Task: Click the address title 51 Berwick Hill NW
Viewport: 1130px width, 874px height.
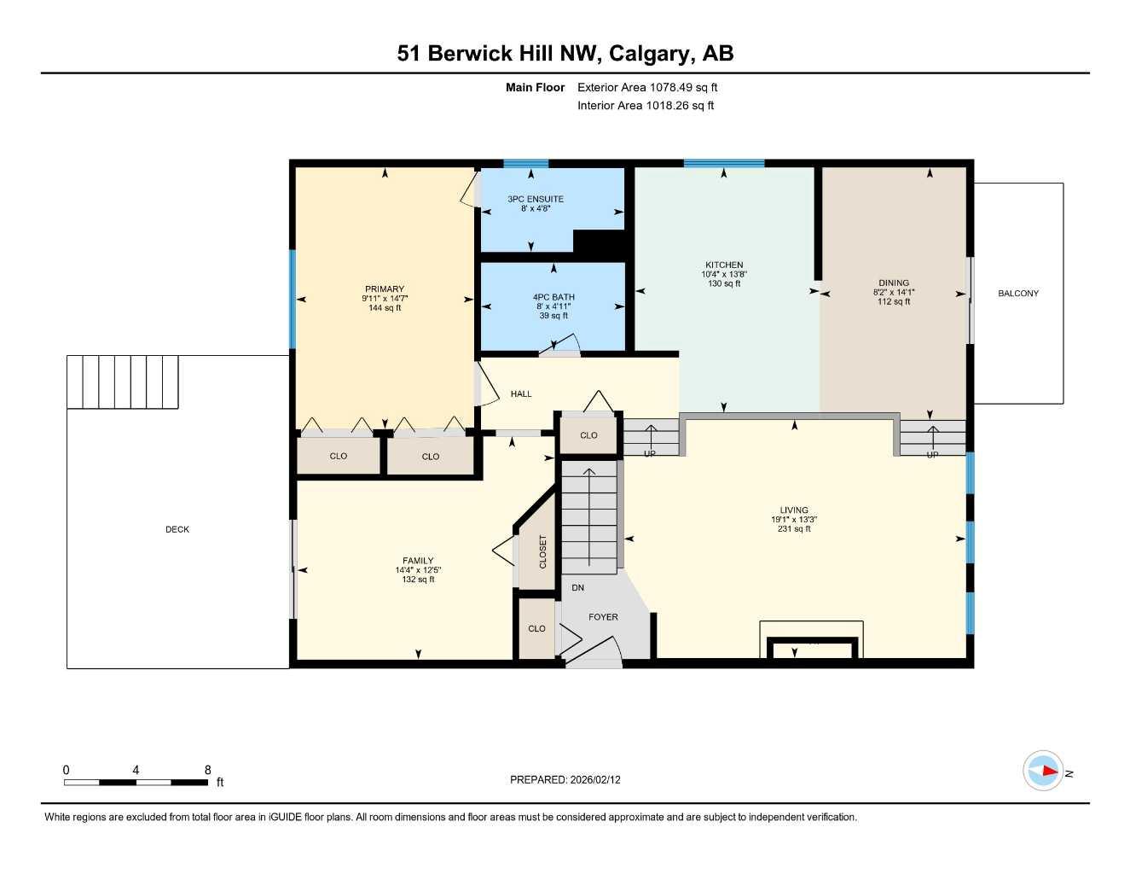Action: pos(565,54)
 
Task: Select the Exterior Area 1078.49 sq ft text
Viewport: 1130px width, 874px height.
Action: pos(647,87)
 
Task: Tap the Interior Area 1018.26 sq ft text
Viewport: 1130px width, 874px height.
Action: pos(646,106)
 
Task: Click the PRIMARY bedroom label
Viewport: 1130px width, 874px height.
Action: pos(385,289)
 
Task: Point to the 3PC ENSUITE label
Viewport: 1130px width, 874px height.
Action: pos(536,199)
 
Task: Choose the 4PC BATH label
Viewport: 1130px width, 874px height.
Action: pos(553,297)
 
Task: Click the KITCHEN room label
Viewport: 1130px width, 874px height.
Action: pos(724,265)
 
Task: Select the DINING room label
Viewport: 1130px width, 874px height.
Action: pos(894,283)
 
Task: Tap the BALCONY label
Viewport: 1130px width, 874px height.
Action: pos(1018,294)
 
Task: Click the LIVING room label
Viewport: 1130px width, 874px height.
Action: pos(794,510)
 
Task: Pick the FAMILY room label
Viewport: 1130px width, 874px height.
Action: pos(418,561)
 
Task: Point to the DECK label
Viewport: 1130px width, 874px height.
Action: pos(177,530)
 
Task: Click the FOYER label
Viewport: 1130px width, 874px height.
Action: pos(603,617)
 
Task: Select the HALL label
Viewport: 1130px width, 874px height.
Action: pos(521,394)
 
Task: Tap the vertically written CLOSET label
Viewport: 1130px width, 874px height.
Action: pos(542,552)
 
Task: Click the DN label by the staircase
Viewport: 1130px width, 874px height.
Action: pos(578,588)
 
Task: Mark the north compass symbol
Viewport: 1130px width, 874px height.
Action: pos(1044,772)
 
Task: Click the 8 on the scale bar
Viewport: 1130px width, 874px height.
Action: pos(207,770)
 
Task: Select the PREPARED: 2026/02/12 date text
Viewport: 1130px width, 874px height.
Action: pos(565,780)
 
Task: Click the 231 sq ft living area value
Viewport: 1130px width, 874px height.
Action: pos(794,529)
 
